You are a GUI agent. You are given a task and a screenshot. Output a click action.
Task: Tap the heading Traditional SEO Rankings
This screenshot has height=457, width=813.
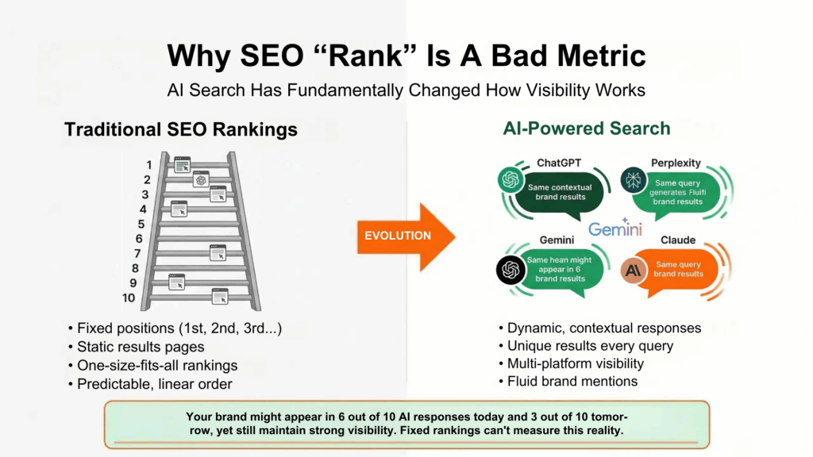(x=181, y=129)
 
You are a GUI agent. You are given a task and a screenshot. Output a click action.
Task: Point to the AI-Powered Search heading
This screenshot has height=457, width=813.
(x=586, y=129)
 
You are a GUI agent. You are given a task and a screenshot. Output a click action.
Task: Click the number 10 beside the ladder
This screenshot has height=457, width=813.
(x=129, y=298)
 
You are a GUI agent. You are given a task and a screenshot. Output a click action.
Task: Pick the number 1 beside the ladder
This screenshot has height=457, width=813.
(x=148, y=164)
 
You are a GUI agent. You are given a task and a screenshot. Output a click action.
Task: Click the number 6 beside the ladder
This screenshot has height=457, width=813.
(x=139, y=239)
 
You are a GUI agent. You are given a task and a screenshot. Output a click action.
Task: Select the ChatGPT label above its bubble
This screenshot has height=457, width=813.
(x=559, y=163)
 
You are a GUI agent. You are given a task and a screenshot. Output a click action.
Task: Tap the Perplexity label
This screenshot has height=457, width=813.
(x=676, y=163)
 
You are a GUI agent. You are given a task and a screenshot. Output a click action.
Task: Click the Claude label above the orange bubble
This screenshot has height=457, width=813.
(x=677, y=240)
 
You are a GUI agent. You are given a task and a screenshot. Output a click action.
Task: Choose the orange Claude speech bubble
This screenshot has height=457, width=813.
(x=678, y=269)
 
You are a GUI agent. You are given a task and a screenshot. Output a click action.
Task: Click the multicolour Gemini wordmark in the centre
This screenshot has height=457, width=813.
(x=615, y=229)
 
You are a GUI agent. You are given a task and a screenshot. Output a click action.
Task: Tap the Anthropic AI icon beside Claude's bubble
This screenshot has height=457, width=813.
(x=634, y=271)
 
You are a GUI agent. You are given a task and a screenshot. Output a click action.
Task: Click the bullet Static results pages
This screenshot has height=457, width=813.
(x=141, y=347)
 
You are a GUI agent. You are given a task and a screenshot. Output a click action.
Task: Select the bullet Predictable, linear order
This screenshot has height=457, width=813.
(x=156, y=384)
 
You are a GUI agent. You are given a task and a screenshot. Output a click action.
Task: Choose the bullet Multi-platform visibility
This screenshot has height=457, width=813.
(x=576, y=363)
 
